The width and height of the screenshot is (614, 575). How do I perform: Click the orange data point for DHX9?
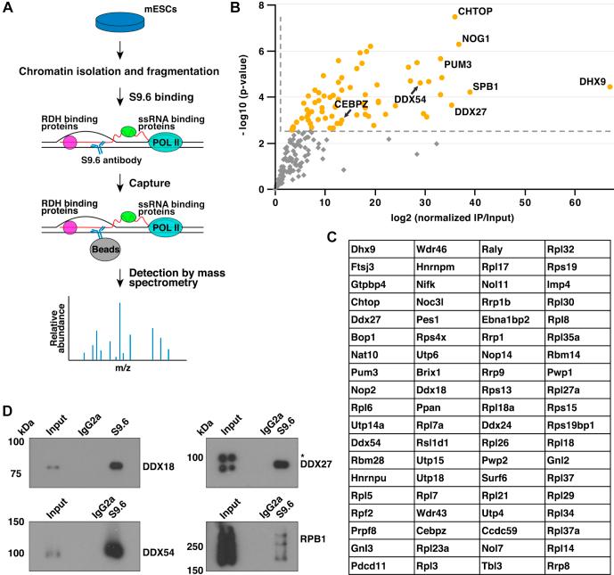click(x=610, y=86)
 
